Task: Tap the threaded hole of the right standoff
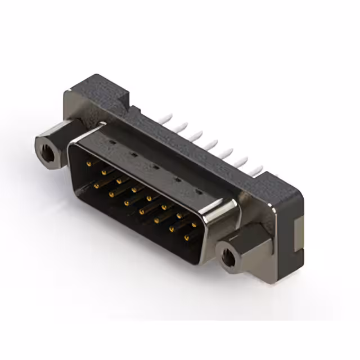click(228, 258)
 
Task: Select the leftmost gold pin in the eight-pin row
click(88, 164)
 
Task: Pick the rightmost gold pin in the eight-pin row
click(194, 224)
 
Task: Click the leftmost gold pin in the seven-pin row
click(96, 184)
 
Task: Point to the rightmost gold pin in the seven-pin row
click(186, 238)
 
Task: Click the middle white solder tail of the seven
click(211, 144)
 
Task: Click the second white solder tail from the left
click(181, 127)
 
